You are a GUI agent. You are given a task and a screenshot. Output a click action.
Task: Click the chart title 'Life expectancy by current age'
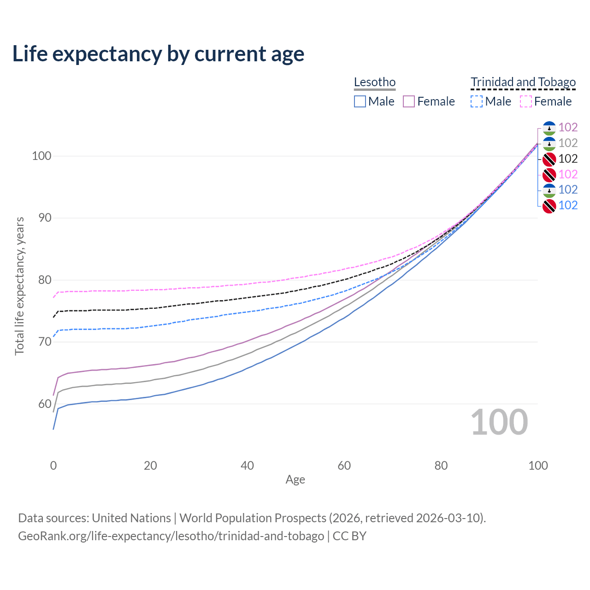[x=158, y=54]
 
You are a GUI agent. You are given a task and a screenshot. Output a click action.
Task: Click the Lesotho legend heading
[x=375, y=82]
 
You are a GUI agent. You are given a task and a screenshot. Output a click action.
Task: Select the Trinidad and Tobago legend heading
[x=523, y=82]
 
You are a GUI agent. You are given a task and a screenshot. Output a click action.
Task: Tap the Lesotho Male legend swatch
[x=360, y=101]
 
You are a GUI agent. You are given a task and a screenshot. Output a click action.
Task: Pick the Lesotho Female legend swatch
[x=409, y=101]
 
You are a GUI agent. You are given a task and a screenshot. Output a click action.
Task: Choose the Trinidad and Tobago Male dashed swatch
[x=477, y=101]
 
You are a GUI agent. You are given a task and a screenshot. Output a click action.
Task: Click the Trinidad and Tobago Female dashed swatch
[x=526, y=101]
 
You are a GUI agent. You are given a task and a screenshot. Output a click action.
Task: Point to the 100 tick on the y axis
[x=41, y=156]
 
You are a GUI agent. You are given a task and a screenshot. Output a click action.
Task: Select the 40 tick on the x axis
[x=248, y=466]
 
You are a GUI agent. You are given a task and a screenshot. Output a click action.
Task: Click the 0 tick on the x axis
[x=53, y=466]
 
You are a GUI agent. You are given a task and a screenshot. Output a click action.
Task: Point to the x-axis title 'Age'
[x=295, y=480]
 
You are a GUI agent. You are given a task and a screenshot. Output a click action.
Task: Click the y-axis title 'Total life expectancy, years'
[x=19, y=286]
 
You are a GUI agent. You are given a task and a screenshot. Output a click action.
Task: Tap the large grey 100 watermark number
[x=499, y=422]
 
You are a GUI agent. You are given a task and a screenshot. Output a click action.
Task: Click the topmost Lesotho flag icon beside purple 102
[x=549, y=128]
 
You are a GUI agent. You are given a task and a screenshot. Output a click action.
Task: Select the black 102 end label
[x=568, y=159]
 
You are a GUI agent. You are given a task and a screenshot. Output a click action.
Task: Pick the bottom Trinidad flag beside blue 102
[x=549, y=206]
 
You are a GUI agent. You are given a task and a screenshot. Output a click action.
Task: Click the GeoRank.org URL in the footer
[x=171, y=536]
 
